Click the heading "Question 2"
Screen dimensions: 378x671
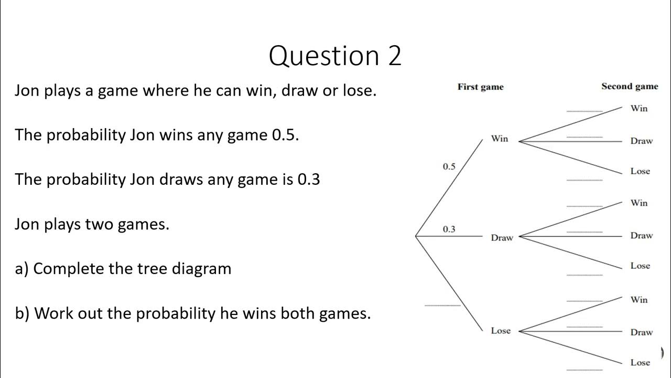[335, 56]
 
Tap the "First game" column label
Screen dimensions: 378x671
[480, 87]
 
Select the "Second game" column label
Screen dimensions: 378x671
[629, 87]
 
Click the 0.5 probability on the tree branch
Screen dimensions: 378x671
[449, 166]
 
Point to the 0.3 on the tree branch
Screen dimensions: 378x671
[449, 229]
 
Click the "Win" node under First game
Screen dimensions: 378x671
[500, 139]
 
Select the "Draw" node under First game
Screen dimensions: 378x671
[502, 238]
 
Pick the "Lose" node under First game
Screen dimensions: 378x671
[501, 331]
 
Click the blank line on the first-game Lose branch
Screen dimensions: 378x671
[442, 305]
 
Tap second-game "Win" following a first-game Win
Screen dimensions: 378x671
[639, 108]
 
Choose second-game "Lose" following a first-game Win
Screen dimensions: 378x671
[640, 171]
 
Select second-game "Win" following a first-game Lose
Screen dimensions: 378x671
[639, 300]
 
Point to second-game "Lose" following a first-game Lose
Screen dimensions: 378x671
[640, 362]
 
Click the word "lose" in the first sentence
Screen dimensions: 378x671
[359, 90]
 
